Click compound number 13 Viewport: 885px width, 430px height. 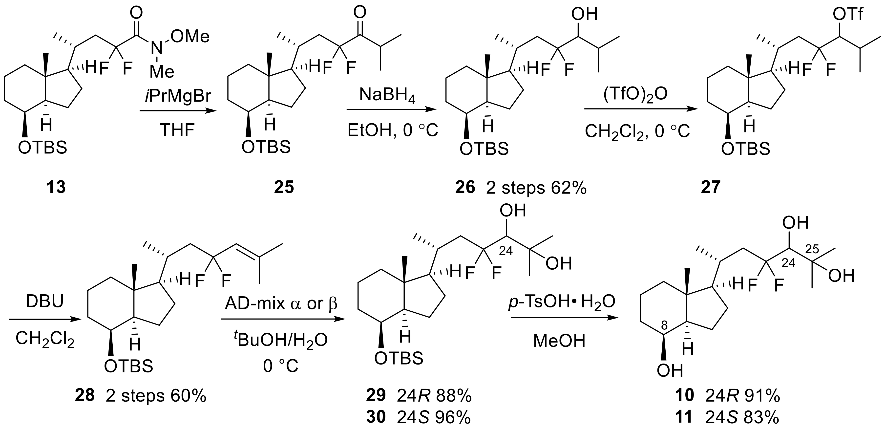click(x=56, y=188)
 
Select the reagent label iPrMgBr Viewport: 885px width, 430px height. click(x=178, y=96)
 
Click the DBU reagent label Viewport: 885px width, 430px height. click(x=45, y=302)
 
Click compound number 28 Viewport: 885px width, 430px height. click(x=85, y=396)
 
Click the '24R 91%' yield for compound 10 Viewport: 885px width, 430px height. click(x=742, y=396)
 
